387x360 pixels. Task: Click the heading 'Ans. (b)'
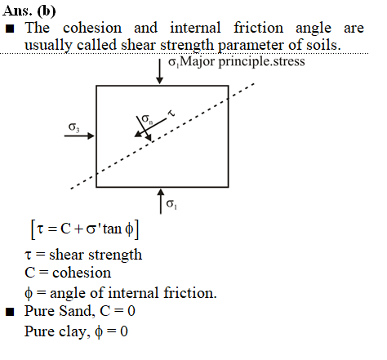pyautogui.click(x=29, y=11)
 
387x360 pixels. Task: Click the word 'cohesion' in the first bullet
pyautogui.click(x=92, y=28)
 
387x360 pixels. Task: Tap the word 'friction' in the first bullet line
pyautogui.click(x=258, y=28)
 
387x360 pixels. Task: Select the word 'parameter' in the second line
pyautogui.click(x=251, y=46)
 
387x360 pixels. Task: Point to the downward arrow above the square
pyautogui.click(x=159, y=71)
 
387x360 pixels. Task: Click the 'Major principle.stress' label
pyautogui.click(x=242, y=61)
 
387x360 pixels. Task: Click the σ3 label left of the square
pyautogui.click(x=73, y=127)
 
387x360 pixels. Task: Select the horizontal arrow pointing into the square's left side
pyautogui.click(x=79, y=136)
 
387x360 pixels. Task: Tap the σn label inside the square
pyautogui.click(x=147, y=118)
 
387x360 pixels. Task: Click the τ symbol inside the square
pyautogui.click(x=171, y=113)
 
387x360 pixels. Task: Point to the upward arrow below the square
pyautogui.click(x=161, y=202)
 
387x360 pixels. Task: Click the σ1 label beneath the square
pyautogui.click(x=171, y=204)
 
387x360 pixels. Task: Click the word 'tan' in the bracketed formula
pyautogui.click(x=112, y=229)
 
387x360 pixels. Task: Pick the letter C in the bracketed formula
pyautogui.click(x=65, y=229)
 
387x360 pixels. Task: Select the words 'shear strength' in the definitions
pyautogui.click(x=96, y=255)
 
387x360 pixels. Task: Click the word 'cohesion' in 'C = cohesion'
pyautogui.click(x=82, y=273)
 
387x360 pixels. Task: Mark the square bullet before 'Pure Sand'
pyautogui.click(x=10, y=312)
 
